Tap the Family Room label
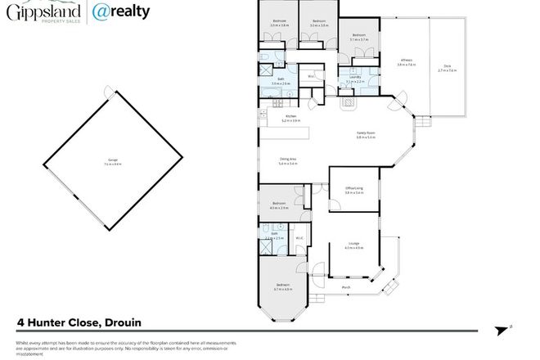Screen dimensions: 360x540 tap(365, 133)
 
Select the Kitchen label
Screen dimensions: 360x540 tap(291, 118)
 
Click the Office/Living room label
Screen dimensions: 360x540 tap(353, 190)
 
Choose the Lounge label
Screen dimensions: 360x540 tap(353, 245)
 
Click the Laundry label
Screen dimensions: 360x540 tap(354, 78)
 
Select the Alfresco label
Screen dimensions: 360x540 tap(405, 61)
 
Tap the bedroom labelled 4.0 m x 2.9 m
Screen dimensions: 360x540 tap(279, 205)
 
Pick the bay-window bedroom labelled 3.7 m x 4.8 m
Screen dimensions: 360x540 tap(283, 286)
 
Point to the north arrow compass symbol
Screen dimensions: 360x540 tap(505, 330)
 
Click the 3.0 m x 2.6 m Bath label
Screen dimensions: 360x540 tap(281, 81)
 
